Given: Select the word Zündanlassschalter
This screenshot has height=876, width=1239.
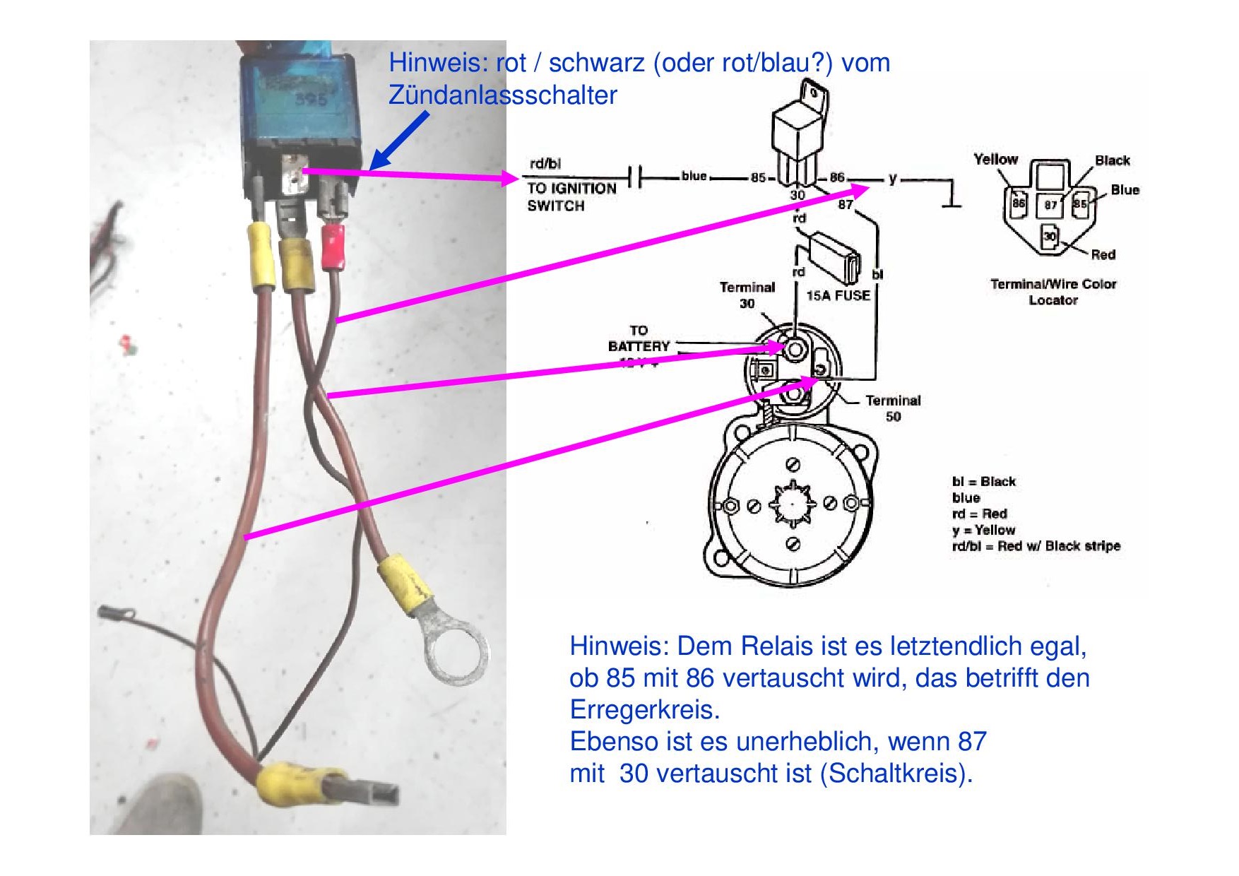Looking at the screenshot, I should coord(502,95).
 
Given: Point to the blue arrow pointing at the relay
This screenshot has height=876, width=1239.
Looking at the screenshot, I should coord(399,141).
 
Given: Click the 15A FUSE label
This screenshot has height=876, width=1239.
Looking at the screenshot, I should coord(838,295).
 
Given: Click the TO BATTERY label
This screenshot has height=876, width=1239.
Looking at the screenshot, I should coord(639,338).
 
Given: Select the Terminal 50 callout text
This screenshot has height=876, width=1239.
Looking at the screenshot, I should coord(893,408).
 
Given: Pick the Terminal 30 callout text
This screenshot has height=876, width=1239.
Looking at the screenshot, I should coord(747,295).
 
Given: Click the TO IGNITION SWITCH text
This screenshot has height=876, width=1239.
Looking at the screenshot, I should coord(571,197).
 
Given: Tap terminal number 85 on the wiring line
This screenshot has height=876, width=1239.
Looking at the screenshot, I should coord(758,178).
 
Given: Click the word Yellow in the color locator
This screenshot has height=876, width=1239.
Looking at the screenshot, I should coord(995,160).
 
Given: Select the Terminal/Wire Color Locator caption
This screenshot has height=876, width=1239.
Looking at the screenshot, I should coord(1053,292).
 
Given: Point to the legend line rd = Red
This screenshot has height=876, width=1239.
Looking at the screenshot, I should coord(979,514).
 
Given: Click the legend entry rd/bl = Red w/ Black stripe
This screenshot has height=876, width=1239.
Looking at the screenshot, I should coord(1036,546).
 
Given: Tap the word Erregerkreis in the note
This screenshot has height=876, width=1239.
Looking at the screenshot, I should coord(644,710).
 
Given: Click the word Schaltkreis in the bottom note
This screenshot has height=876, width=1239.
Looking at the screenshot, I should coord(892,774).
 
